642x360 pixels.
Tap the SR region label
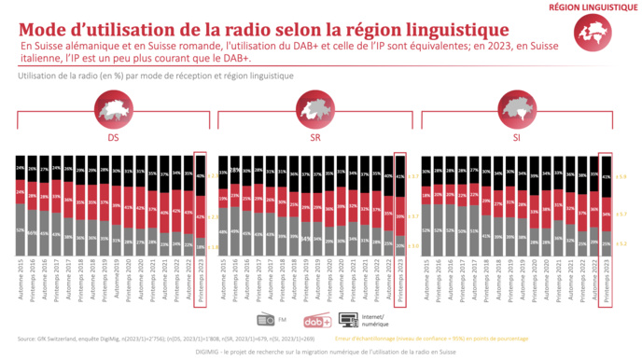(x=313, y=136)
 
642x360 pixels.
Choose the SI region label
(x=515, y=136)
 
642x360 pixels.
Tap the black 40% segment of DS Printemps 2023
(x=200, y=174)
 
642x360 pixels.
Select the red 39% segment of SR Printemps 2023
(x=401, y=215)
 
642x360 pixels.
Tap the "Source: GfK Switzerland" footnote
(x=56, y=339)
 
